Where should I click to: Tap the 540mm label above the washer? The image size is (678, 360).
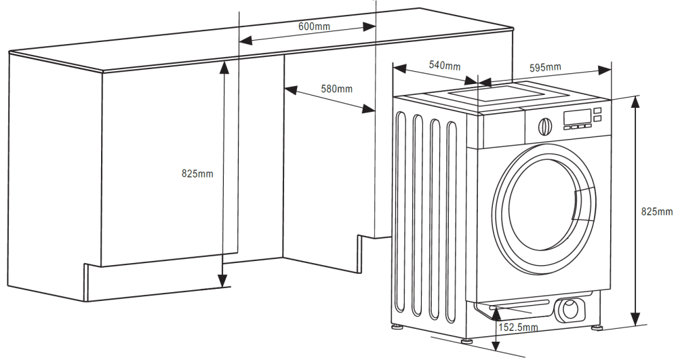(445, 66)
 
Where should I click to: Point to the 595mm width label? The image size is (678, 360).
(545, 67)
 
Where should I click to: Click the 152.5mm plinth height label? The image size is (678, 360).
(518, 327)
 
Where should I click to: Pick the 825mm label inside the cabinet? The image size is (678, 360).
(197, 174)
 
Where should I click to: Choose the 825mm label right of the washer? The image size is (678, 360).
(657, 212)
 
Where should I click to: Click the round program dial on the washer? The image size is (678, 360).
(544, 125)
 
